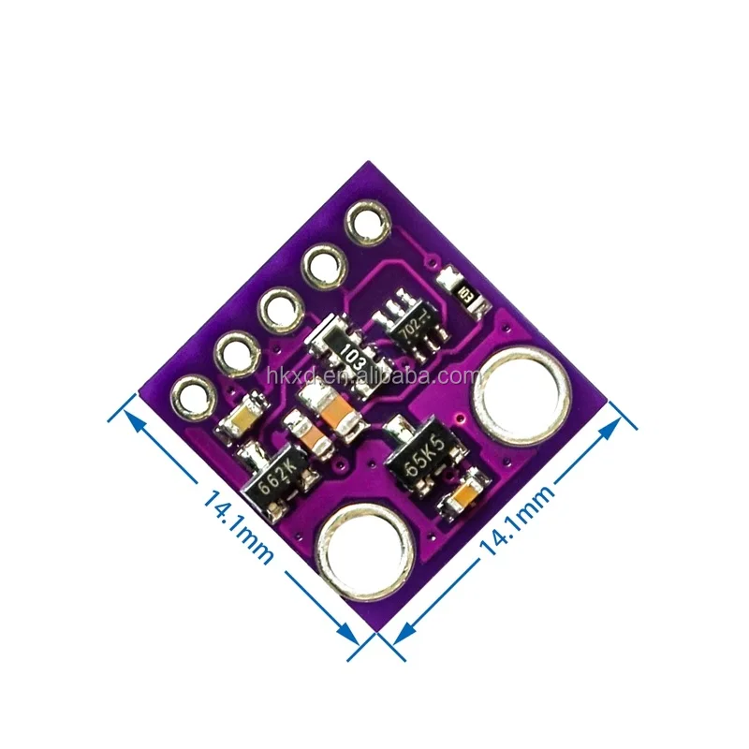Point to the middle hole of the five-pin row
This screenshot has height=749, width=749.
pos(279,307)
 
